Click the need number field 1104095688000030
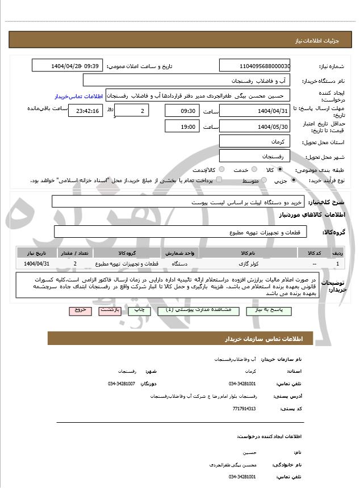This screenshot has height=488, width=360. (255, 66)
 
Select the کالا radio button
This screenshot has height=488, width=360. (279, 170)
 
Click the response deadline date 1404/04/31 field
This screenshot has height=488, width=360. (255, 111)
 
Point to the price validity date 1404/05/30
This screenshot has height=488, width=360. (255, 127)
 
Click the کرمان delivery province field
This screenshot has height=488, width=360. (255, 141)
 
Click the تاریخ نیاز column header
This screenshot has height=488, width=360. (37, 253)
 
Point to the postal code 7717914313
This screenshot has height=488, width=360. (245, 409)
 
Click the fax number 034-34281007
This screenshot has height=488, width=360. (122, 384)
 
